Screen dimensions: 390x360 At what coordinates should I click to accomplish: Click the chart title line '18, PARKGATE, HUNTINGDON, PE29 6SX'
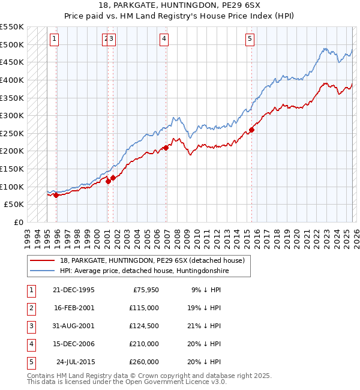coord(180,5)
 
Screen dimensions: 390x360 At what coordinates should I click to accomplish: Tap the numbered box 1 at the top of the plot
coord(54,40)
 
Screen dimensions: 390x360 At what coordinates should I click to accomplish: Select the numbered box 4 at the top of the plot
coord(164,40)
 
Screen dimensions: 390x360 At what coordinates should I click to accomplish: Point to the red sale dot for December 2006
coord(166,148)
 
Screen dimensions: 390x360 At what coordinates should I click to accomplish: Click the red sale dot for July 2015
coord(251,130)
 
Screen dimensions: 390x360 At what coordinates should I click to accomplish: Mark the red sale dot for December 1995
coord(56,195)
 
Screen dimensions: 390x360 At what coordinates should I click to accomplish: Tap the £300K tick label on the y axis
coord(12,115)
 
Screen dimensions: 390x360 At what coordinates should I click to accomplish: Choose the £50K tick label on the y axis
coord(14,205)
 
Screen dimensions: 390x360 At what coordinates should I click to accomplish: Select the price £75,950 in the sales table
coord(145,290)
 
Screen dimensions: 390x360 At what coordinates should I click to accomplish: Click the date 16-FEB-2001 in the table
coord(74,308)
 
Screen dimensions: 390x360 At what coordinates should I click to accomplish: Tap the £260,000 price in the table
coord(145,362)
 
